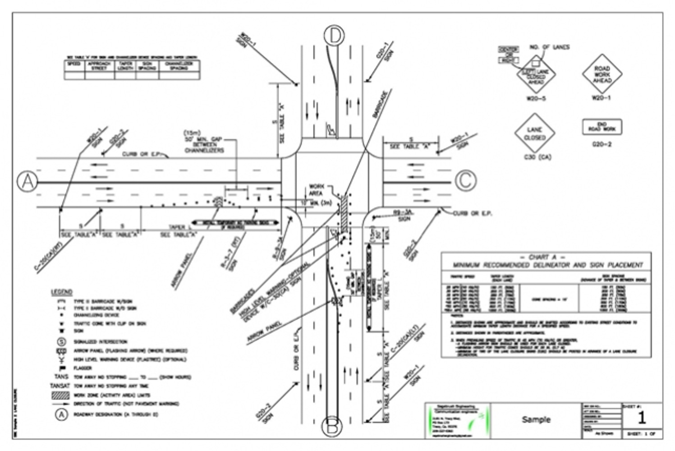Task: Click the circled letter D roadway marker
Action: (x=334, y=36)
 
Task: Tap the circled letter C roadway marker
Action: (x=465, y=180)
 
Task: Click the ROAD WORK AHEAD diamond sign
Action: (x=602, y=74)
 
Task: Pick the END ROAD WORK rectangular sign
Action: (x=602, y=127)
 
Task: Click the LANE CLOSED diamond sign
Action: (x=535, y=133)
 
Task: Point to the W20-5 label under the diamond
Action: (x=536, y=98)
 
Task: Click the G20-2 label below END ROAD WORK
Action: (x=602, y=144)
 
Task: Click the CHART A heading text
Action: (x=546, y=257)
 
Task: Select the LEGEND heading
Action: (x=62, y=292)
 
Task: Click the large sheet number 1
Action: (x=642, y=418)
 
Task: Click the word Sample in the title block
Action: (x=536, y=419)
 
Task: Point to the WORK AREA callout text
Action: (x=316, y=189)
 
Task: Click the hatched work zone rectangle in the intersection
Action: (x=344, y=212)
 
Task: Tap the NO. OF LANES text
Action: (x=549, y=47)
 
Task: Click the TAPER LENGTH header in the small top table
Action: (x=126, y=66)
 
